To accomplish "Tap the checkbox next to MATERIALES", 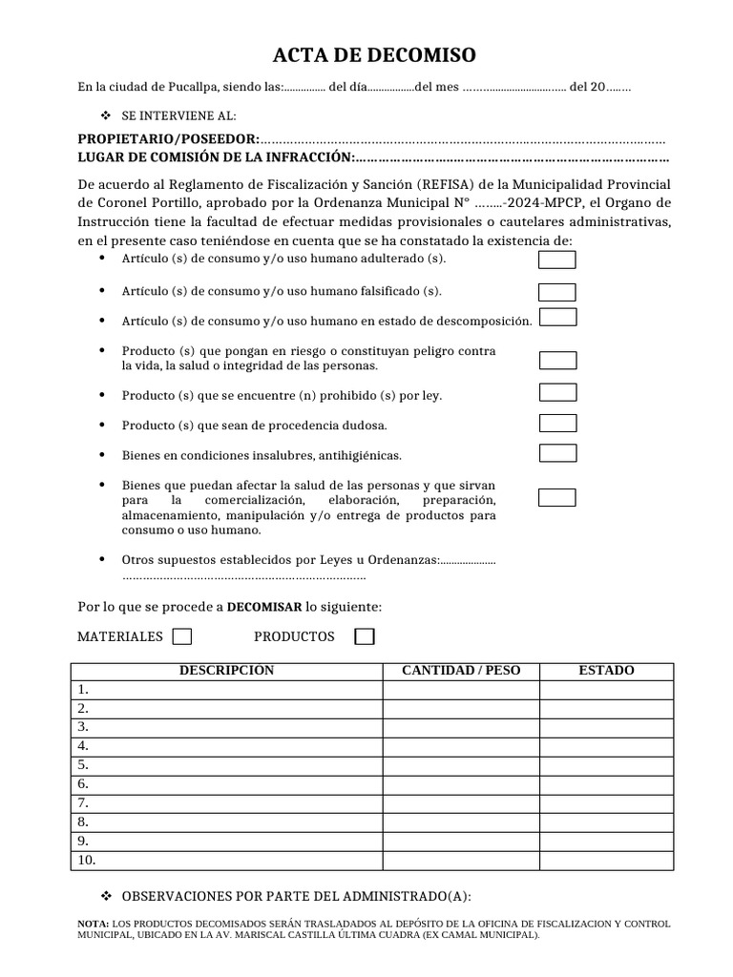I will point(181,636).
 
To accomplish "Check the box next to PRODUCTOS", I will point(364,636).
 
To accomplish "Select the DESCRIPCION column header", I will point(226,671).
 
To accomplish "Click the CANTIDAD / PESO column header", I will point(461,671).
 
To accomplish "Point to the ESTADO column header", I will point(606,671).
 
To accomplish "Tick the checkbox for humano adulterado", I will point(557,260).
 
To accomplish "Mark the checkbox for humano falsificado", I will point(557,292).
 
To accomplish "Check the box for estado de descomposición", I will point(557,317).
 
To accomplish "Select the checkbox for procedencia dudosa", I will point(557,423).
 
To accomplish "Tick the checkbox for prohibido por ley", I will point(557,392).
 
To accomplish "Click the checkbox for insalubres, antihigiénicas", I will point(557,453).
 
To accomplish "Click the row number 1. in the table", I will point(84,689).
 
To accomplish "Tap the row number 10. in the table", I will point(87,860).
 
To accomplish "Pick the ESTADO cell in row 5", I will point(606,765).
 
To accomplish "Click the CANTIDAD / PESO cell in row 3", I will point(461,727).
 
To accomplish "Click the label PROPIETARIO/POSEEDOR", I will point(168,140).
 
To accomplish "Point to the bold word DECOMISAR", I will point(264,607).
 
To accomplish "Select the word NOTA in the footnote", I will point(93,924).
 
